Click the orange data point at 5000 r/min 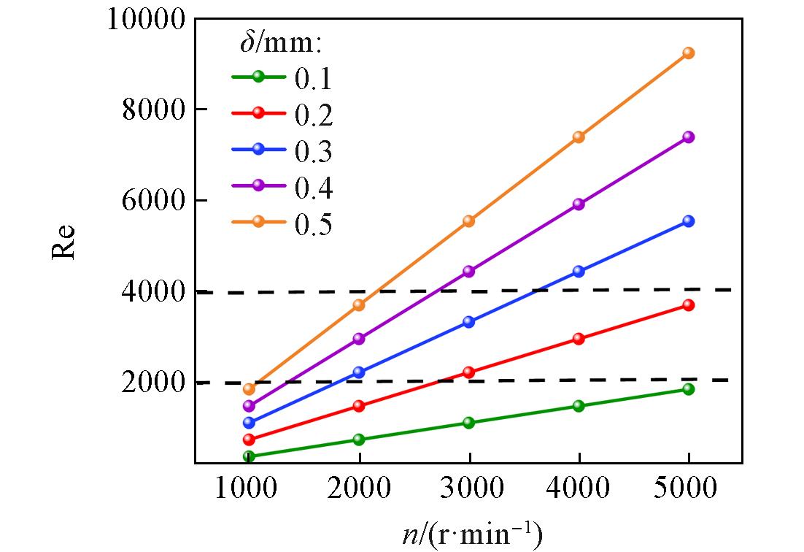[x=688, y=53]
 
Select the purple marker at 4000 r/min [x=579, y=204]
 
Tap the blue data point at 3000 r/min [x=468, y=321]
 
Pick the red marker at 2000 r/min [x=358, y=406]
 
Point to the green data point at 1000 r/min [x=248, y=456]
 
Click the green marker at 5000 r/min [x=688, y=389]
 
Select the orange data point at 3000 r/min [x=468, y=221]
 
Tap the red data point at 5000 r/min [x=688, y=305]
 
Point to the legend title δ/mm [x=281, y=44]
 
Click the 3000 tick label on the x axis [x=468, y=489]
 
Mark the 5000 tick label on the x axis [x=688, y=489]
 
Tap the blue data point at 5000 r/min [x=688, y=221]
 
